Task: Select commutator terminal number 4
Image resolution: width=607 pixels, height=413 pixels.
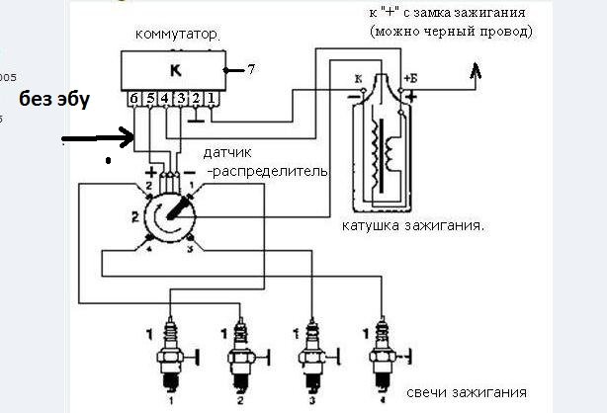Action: tap(166, 99)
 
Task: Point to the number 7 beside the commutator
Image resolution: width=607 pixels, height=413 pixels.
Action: tap(251, 70)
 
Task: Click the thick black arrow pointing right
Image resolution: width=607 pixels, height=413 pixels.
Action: tap(99, 139)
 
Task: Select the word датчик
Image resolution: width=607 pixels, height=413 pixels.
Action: tap(226, 156)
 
